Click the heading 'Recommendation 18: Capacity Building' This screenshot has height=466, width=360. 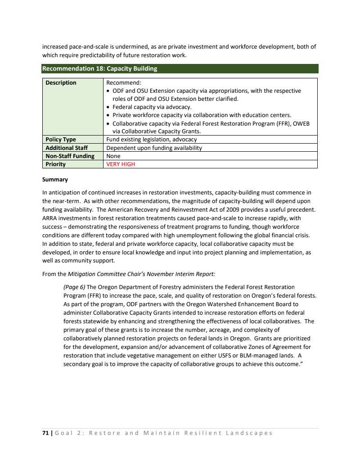[x=100, y=69]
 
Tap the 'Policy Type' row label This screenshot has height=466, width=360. [x=61, y=140]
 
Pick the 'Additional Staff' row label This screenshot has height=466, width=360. [x=67, y=148]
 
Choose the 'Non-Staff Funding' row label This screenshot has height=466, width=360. [x=70, y=156]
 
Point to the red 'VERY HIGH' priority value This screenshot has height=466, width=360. [x=121, y=164]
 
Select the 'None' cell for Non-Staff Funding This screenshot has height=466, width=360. [x=113, y=156]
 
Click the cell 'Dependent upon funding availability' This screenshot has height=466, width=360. [x=154, y=148]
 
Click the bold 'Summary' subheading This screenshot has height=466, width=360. [x=55, y=179]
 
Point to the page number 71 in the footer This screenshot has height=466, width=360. [x=45, y=433]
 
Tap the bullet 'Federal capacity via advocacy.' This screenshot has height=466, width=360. [x=152, y=107]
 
